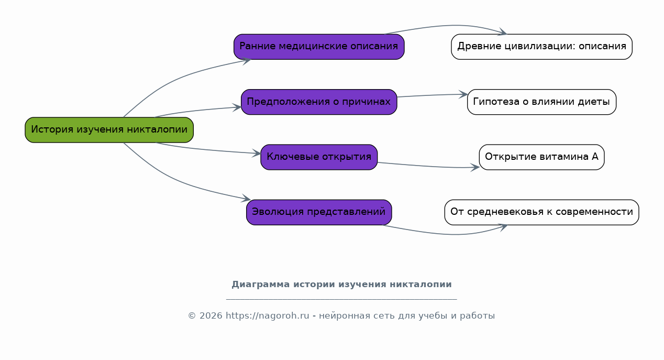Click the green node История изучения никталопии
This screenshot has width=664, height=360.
(109, 130)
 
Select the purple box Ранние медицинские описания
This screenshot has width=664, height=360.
(319, 47)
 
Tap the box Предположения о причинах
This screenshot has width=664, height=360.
(319, 102)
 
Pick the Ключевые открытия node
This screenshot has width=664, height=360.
(319, 157)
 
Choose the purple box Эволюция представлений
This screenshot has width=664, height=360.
(319, 212)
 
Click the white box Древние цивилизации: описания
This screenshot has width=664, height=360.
(541, 47)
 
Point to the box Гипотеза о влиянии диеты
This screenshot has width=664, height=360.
(541, 102)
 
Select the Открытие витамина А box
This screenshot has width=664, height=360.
(541, 157)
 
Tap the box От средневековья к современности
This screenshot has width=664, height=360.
(541, 212)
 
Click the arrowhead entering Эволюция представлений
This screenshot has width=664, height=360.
(247, 199)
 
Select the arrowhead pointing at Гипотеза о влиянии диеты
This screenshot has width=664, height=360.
(463, 95)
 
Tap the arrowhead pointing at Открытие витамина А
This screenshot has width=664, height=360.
(475, 168)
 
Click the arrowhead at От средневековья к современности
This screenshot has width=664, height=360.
(504, 227)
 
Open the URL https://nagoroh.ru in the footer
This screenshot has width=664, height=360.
(268, 316)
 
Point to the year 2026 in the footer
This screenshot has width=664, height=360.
(211, 316)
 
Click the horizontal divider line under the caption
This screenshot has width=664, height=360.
(341, 300)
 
